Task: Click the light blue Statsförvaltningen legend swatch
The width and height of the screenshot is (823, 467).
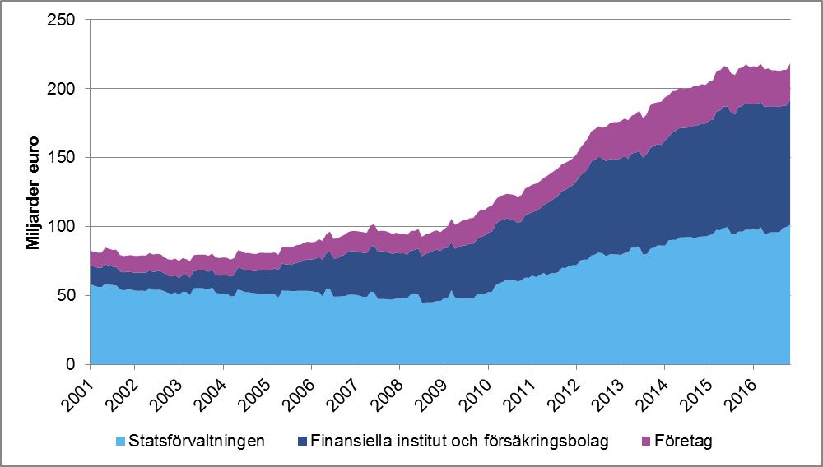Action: (120, 442)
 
